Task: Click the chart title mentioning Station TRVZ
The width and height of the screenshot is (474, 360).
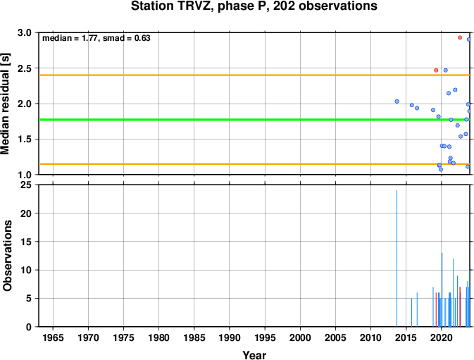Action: (254, 6)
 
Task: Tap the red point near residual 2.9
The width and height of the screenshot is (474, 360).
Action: (460, 37)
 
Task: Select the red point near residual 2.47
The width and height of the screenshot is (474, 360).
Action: (436, 70)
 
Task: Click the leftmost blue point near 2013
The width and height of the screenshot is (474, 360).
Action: (397, 101)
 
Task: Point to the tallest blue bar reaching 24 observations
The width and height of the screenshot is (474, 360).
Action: (397, 259)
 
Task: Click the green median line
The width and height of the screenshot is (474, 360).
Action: (254, 120)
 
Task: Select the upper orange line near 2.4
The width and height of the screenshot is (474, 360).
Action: (254, 75)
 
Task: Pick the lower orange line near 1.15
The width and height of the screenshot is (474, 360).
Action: (254, 164)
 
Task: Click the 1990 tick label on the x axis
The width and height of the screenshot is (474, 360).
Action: (230, 337)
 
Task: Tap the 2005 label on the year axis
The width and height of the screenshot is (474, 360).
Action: (335, 337)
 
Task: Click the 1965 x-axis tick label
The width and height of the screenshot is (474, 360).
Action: (53, 337)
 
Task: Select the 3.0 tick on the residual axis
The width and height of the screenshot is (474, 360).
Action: (25, 32)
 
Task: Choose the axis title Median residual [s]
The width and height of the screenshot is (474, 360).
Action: (6, 104)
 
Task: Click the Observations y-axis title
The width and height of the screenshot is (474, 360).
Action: (7, 256)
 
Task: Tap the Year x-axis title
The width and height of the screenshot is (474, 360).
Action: (254, 355)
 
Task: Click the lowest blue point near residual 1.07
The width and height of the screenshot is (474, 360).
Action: (441, 169)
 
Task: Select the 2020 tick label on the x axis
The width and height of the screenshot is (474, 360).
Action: (442, 337)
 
